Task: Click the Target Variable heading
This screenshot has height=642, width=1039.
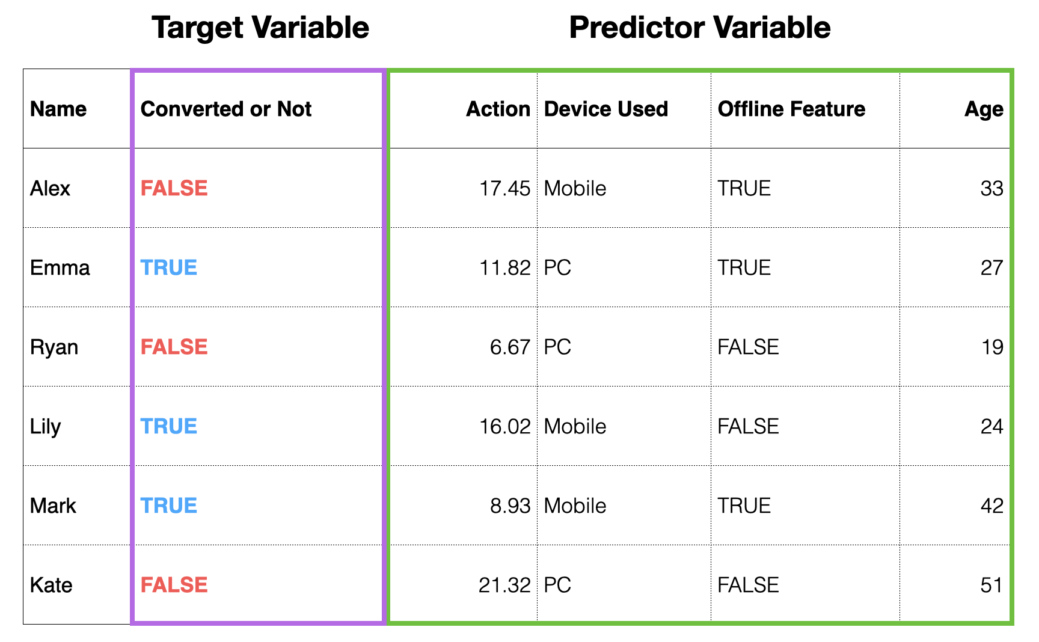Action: (x=260, y=28)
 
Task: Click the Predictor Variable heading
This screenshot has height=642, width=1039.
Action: (x=700, y=28)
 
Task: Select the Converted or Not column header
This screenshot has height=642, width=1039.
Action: (x=226, y=109)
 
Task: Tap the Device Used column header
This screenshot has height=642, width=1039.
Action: (x=606, y=109)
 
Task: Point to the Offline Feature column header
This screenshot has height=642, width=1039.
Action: (x=791, y=109)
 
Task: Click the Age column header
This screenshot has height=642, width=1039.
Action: (x=984, y=109)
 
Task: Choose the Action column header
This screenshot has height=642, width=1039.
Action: (x=498, y=109)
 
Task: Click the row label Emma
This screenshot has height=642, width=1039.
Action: (x=60, y=267)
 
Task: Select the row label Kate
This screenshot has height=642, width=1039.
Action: (x=51, y=585)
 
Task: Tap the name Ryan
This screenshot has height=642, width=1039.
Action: (x=54, y=347)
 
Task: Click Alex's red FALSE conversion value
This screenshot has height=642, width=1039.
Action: (x=174, y=188)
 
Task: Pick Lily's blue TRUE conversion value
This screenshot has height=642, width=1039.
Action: (x=169, y=426)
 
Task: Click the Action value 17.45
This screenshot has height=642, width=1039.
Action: (x=505, y=189)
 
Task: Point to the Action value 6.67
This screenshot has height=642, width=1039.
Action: (x=510, y=347)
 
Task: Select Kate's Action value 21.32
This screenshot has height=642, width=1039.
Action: (x=505, y=585)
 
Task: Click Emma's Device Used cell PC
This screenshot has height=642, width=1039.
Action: (x=557, y=267)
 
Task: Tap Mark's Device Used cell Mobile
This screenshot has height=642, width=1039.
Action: (x=575, y=506)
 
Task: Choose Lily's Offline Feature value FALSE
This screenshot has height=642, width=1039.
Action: (x=749, y=426)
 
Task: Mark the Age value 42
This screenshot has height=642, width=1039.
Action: (x=992, y=506)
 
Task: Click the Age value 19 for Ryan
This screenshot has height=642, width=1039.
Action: (x=993, y=347)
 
